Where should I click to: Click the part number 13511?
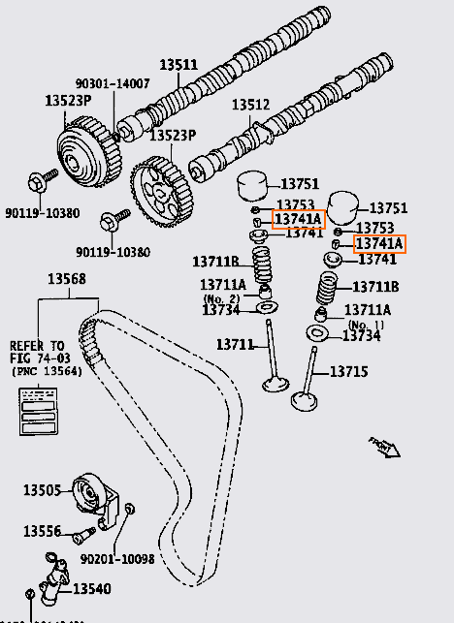(178, 65)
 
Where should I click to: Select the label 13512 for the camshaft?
(248, 105)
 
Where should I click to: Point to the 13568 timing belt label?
(66, 280)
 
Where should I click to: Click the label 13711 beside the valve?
(234, 344)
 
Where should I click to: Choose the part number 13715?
(348, 371)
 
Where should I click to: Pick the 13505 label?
(42, 489)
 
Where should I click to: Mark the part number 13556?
(42, 531)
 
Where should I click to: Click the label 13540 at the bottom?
(92, 588)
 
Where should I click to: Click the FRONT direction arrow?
(385, 446)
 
